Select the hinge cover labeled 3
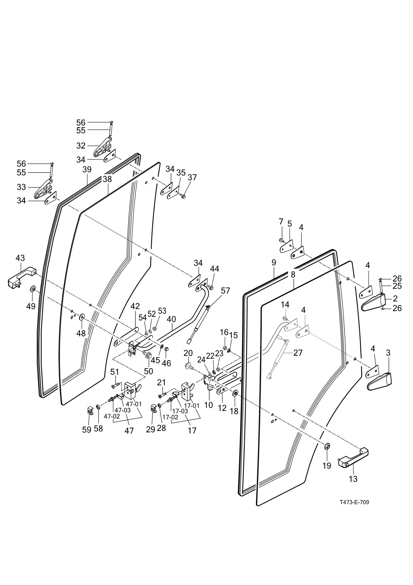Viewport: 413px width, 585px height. point(380,382)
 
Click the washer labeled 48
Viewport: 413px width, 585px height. point(82,317)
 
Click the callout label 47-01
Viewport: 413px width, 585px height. point(134,404)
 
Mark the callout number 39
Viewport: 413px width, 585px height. point(87,169)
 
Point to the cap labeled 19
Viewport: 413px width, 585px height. point(327,446)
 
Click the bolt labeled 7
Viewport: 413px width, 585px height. point(281,241)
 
